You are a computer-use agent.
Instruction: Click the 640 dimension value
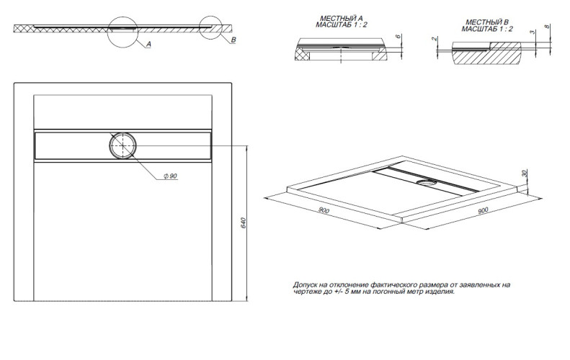click(x=244, y=224)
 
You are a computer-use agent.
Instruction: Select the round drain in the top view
click(x=123, y=145)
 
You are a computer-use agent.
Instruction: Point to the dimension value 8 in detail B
click(x=548, y=27)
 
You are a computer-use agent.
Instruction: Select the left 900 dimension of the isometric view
click(x=324, y=210)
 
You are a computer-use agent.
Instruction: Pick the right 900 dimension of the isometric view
click(x=482, y=210)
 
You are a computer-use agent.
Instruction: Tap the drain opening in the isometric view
click(x=429, y=182)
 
